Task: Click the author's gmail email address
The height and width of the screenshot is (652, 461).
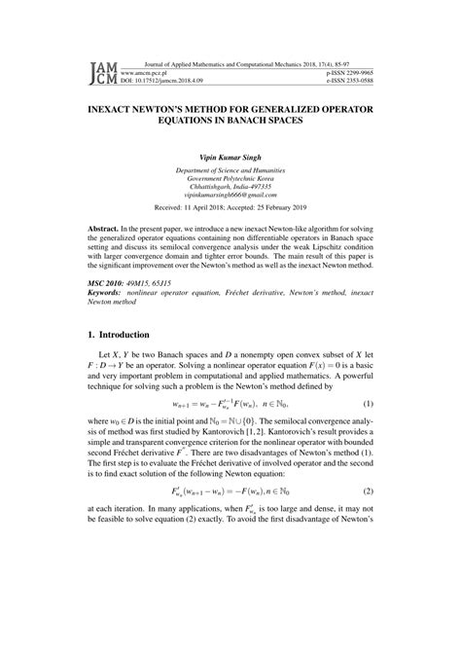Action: coord(230,196)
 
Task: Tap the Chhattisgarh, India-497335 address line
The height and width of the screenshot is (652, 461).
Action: coord(230,186)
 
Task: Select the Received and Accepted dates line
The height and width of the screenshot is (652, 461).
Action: coord(230,208)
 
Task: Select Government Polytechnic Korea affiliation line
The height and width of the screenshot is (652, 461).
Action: coord(230,177)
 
